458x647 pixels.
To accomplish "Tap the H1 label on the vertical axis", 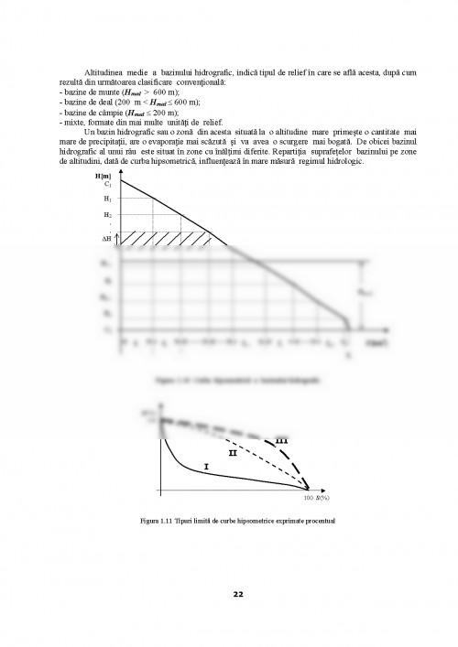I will tap(108, 198).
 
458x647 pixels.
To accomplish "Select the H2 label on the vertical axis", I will tap(108, 213).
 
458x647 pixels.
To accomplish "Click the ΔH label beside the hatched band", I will tap(106, 237).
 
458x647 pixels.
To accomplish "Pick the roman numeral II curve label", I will tap(233, 452).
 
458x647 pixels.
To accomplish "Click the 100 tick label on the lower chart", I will tap(310, 500).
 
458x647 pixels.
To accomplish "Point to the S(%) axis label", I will tap(322, 500).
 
